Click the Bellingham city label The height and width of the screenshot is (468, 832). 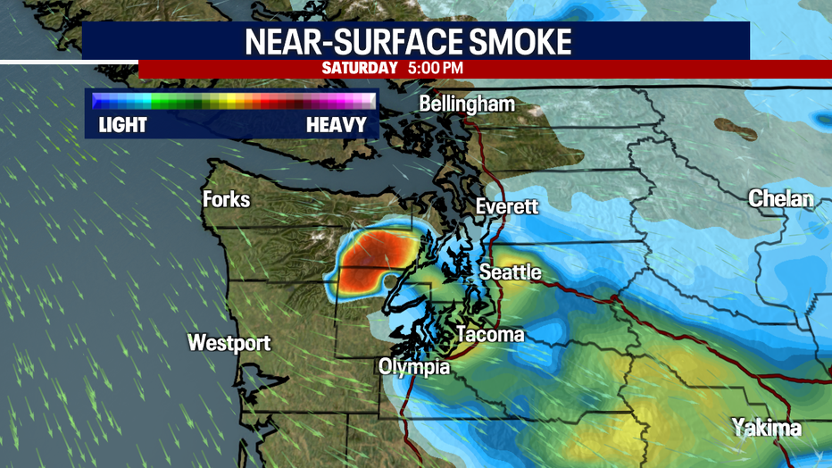click(x=467, y=104)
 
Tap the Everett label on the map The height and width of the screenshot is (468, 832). click(x=507, y=206)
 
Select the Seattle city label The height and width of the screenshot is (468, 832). click(x=511, y=272)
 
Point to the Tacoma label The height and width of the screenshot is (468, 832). click(x=490, y=335)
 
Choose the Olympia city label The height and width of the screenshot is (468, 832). click(x=413, y=366)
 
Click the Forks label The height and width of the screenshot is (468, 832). click(x=226, y=198)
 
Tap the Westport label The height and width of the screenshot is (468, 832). click(x=229, y=343)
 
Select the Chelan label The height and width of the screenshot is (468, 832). click(x=780, y=198)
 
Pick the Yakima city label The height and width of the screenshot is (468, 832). click(x=766, y=428)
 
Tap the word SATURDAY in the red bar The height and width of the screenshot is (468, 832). click(x=359, y=68)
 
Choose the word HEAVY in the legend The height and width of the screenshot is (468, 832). click(x=336, y=124)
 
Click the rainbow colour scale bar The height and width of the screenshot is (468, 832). click(x=232, y=100)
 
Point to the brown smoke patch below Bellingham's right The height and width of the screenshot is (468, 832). click(x=735, y=130)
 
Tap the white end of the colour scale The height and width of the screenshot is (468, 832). click(x=367, y=100)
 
